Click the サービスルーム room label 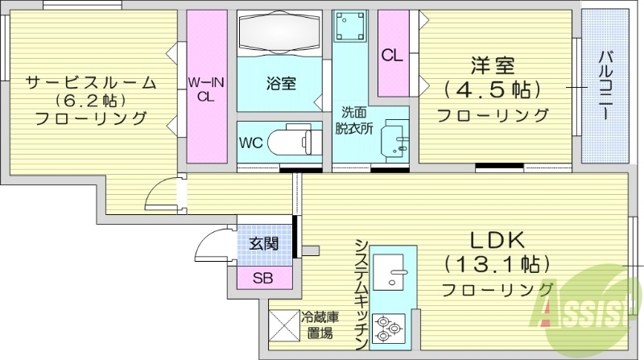coord(89,82)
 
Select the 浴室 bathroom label coord(281,82)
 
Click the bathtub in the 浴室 coord(281,36)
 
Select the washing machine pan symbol coord(352,30)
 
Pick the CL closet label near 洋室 coord(392,56)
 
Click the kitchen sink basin coord(394,271)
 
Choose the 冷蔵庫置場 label coord(318,325)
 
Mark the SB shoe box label coord(262,279)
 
